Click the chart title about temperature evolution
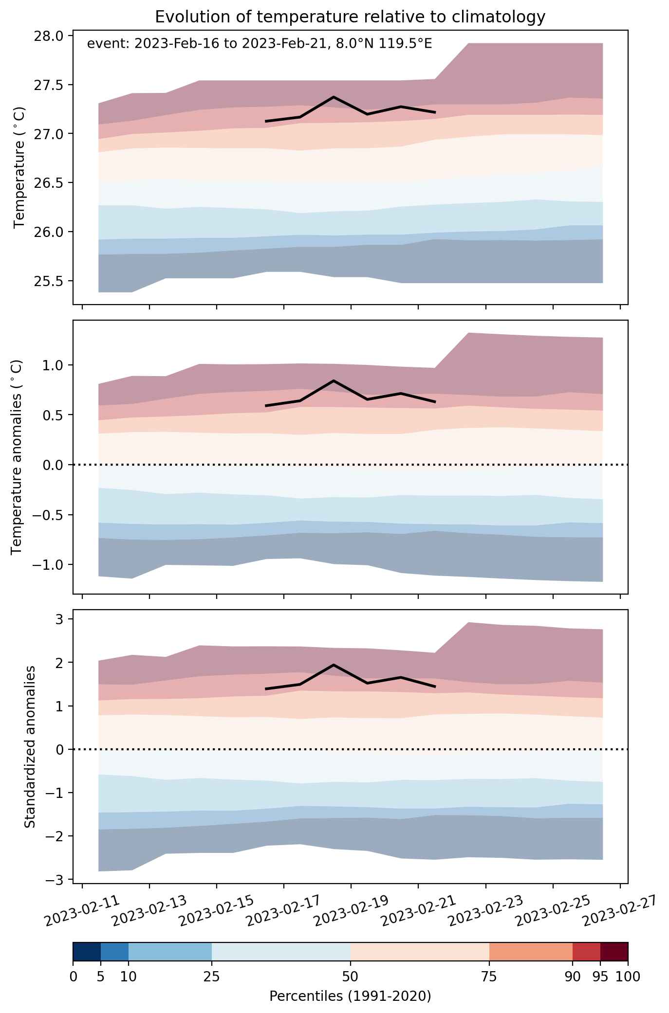coord(350,17)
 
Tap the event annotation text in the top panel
coord(260,44)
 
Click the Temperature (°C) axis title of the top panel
coord(19,168)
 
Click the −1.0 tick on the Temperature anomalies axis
coord(48,565)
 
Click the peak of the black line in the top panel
coord(334,97)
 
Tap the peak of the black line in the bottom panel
coord(334,665)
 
